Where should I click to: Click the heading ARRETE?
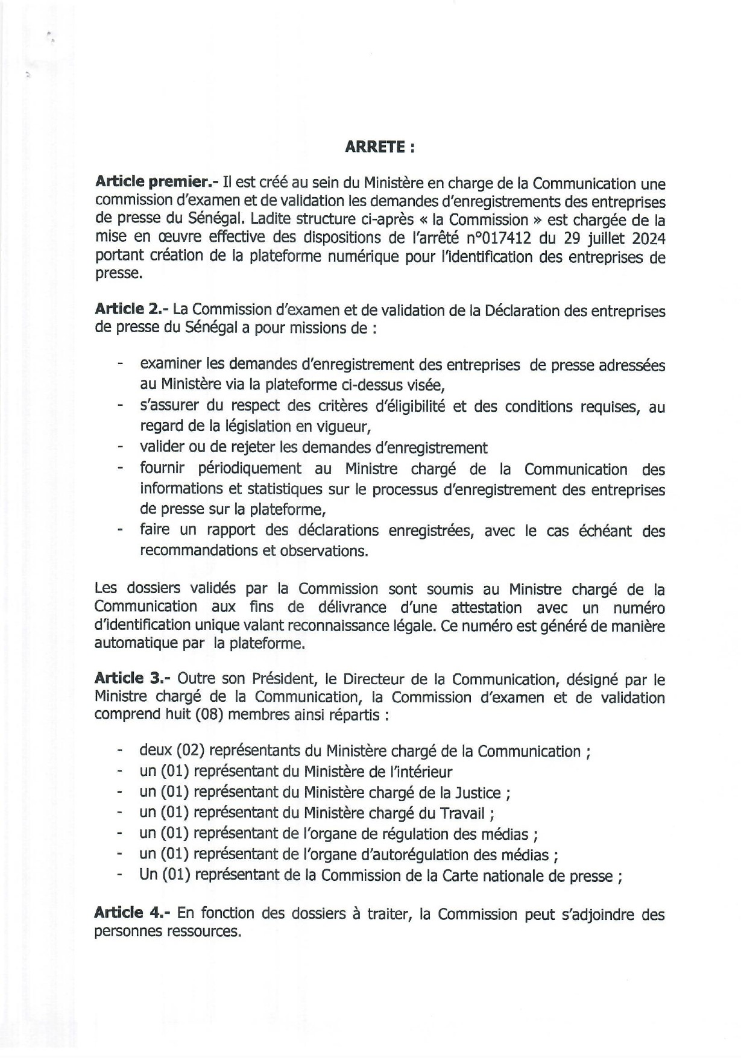pos(379,148)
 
